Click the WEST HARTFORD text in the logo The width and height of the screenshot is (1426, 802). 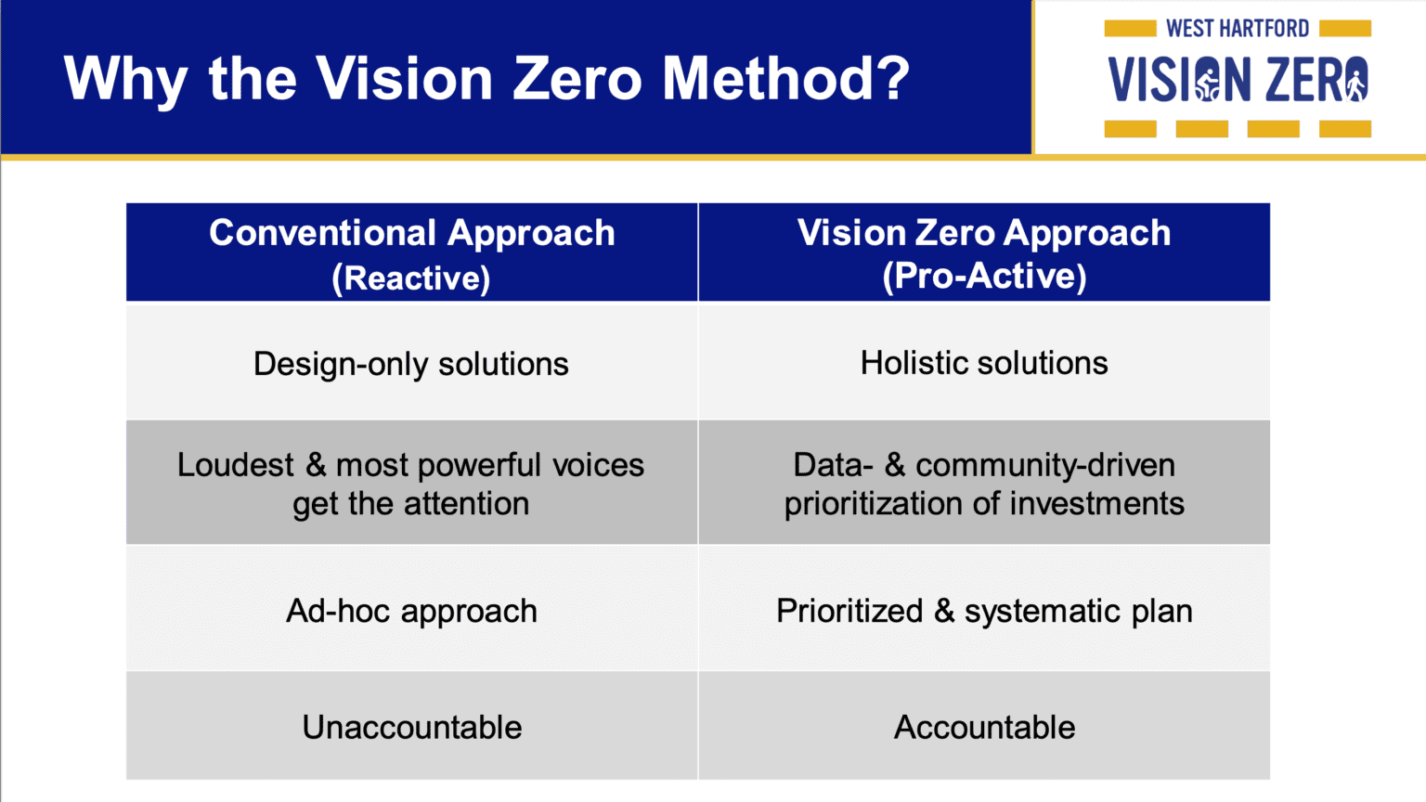click(x=1238, y=29)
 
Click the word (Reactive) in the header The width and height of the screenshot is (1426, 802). click(x=411, y=278)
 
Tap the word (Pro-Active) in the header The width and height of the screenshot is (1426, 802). click(x=984, y=276)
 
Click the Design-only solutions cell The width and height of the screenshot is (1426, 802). click(x=411, y=364)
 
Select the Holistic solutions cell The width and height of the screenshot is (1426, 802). click(x=984, y=363)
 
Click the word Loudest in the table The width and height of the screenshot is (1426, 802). click(x=236, y=465)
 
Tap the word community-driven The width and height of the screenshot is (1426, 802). click(x=1045, y=465)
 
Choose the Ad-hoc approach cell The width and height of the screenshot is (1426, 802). click(x=411, y=612)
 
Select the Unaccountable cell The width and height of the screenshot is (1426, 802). click(x=411, y=728)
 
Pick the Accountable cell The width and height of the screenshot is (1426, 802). click(x=984, y=728)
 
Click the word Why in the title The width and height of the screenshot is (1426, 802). click(x=124, y=80)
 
